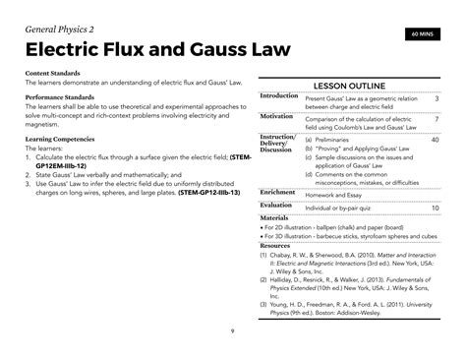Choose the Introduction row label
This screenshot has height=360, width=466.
pyautogui.click(x=278, y=96)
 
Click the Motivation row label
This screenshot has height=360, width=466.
pyautogui.click(x=276, y=116)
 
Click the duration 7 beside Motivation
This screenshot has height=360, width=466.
pyautogui.click(x=436, y=119)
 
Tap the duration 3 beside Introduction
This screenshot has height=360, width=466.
pyautogui.click(x=436, y=99)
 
